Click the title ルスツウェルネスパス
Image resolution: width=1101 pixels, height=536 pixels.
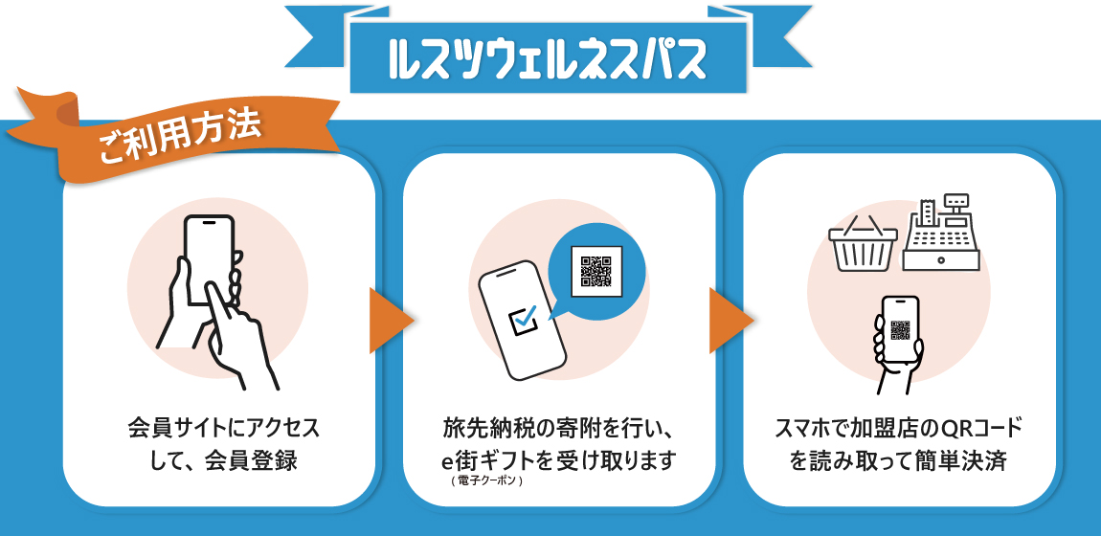point(548,60)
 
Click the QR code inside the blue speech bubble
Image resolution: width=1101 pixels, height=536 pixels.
point(595,270)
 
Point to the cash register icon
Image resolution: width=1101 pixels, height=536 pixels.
point(941,234)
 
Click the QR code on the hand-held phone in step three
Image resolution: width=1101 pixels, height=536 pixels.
point(900,329)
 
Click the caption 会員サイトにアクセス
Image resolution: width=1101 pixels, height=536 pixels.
point(223,427)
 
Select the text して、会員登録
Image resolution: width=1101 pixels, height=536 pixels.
point(223,460)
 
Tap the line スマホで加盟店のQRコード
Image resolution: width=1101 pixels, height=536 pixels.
point(898,427)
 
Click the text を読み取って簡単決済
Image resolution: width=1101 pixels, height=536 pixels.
point(898,460)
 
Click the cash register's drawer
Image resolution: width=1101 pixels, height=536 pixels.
point(941,258)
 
